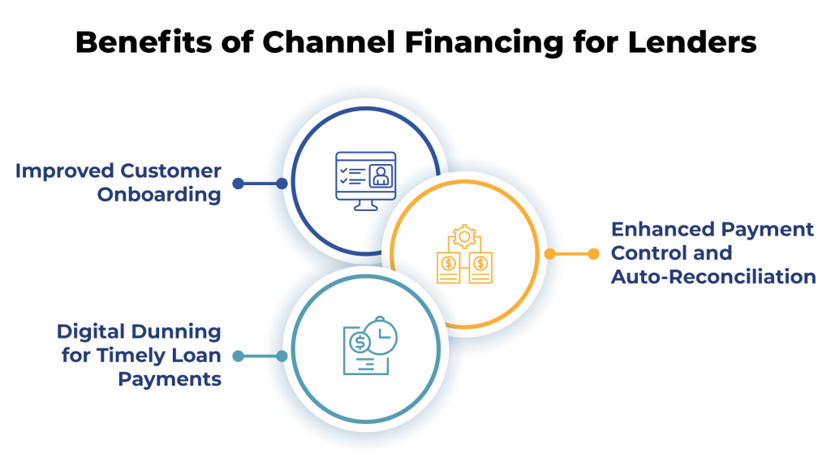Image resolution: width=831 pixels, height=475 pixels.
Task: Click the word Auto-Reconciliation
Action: pos(713,277)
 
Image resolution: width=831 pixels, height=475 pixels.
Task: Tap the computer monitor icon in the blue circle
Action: pos(365,179)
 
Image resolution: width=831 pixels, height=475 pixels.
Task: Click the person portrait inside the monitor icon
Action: pos(380,175)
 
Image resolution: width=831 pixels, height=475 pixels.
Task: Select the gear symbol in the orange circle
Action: pos(463,236)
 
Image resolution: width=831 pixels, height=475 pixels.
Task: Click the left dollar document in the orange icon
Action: pos(448,268)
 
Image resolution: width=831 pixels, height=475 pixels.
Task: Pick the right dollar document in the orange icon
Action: pos(480,268)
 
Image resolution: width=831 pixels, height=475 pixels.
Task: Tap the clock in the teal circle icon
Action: pos(380,335)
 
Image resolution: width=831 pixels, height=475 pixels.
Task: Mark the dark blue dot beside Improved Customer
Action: pos(238,184)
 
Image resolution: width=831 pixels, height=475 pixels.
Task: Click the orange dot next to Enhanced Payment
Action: pos(549,254)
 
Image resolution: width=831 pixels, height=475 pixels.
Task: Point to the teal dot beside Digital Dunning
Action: pos(238,356)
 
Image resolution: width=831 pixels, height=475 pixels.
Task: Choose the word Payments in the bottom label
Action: pos(170,378)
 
